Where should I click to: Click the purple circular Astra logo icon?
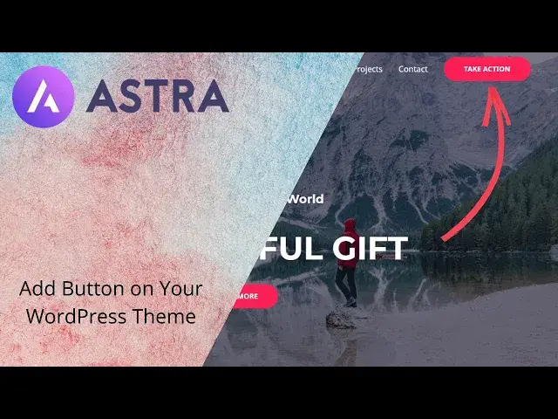44,96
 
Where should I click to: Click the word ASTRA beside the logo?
158,96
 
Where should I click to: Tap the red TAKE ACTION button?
487,69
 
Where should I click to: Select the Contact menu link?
413,69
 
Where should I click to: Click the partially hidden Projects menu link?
369,69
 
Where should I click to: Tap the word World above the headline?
305,199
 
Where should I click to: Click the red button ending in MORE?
254,296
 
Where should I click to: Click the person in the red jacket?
348,262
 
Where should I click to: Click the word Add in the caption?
36,289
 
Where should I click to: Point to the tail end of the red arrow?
445,237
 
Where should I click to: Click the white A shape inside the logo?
44,97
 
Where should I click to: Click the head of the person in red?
350,224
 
